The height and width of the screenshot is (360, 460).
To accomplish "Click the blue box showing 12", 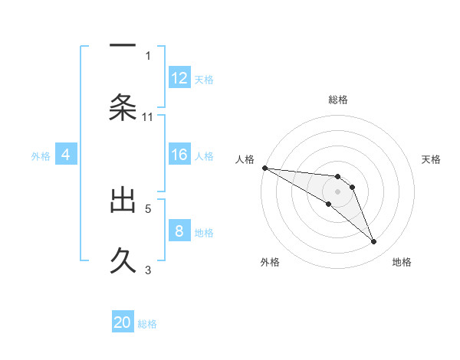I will click(179, 78).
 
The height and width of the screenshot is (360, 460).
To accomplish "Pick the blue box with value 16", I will click(179, 155).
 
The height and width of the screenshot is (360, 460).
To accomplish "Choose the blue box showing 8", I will click(179, 231).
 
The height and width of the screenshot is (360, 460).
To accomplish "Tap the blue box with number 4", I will click(66, 155).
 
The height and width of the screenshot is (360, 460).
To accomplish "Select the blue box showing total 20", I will click(123, 322).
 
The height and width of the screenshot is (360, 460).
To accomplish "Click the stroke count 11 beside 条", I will click(148, 117).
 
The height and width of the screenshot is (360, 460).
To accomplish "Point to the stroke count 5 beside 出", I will click(148, 208).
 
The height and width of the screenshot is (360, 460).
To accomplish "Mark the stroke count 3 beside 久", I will click(148, 269).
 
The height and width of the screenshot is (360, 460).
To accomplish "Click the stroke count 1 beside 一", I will click(148, 55).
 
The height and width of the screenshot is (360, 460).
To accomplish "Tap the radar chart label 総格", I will click(338, 100).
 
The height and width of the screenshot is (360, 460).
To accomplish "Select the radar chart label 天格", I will click(431, 159).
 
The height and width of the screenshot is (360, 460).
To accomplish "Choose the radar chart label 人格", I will click(245, 159).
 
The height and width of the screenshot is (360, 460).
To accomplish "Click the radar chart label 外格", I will click(270, 263).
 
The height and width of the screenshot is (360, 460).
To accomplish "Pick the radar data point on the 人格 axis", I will click(264, 168).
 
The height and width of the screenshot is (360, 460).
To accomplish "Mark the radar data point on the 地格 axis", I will click(374, 242).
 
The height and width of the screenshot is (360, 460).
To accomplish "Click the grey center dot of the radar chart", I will click(338, 191).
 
